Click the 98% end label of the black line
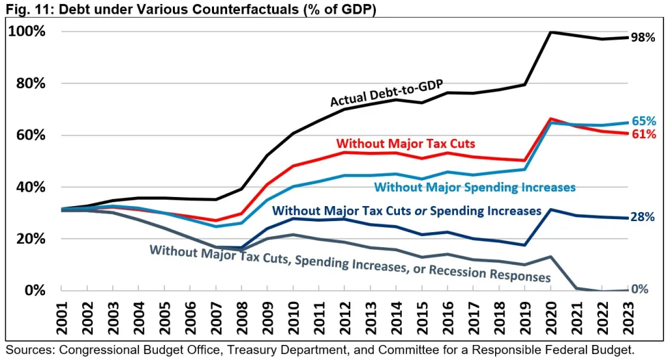point(643,38)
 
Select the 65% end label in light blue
point(643,121)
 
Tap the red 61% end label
point(643,135)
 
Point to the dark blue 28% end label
point(643,218)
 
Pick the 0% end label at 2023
point(639,290)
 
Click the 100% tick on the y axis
point(26,31)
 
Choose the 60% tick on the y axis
point(29,135)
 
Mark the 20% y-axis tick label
point(29,239)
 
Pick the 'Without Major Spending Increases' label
point(475,188)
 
